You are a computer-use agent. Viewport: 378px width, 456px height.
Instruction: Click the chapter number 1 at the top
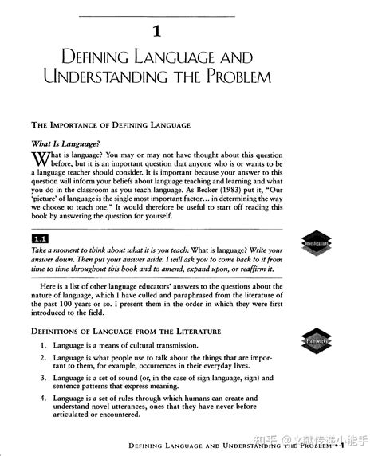point(156,33)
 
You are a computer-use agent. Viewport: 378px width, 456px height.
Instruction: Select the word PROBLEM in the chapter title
point(240,77)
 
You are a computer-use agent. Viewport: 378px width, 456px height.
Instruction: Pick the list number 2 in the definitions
point(43,360)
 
